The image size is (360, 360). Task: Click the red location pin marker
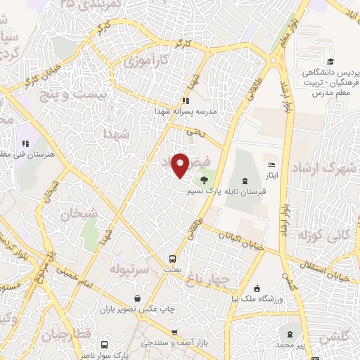(181, 164)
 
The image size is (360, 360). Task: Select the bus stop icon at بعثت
(172, 258)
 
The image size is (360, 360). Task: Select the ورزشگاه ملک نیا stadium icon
(257, 288)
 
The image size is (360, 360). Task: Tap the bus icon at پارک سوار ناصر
(104, 345)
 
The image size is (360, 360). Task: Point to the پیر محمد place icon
(290, 331)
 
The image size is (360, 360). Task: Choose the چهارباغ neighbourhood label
(208, 279)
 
